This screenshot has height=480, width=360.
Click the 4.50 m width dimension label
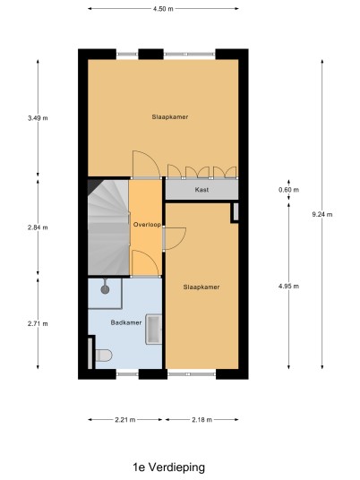(x=163, y=9)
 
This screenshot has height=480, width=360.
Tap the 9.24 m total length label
(x=322, y=214)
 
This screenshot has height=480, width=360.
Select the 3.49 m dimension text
(x=38, y=118)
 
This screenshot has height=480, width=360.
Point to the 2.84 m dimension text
(x=38, y=227)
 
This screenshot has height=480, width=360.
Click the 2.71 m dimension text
(x=38, y=323)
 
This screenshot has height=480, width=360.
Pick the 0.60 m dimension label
(x=288, y=190)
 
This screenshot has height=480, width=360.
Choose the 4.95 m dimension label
(x=288, y=287)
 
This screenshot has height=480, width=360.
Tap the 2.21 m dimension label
(x=124, y=420)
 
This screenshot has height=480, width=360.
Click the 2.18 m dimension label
(x=202, y=420)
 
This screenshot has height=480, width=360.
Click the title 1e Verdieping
(x=169, y=467)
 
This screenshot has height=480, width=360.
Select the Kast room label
(x=201, y=190)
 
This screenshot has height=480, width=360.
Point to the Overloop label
(x=147, y=225)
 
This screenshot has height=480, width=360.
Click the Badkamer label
(x=126, y=322)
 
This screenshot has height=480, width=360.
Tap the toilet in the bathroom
(x=104, y=356)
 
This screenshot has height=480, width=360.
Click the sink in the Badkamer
(x=154, y=329)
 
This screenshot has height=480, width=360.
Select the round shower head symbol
(x=105, y=289)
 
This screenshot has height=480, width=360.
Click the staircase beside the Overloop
(x=108, y=227)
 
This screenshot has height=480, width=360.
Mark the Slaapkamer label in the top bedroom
(x=170, y=117)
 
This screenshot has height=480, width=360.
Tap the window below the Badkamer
(x=127, y=374)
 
